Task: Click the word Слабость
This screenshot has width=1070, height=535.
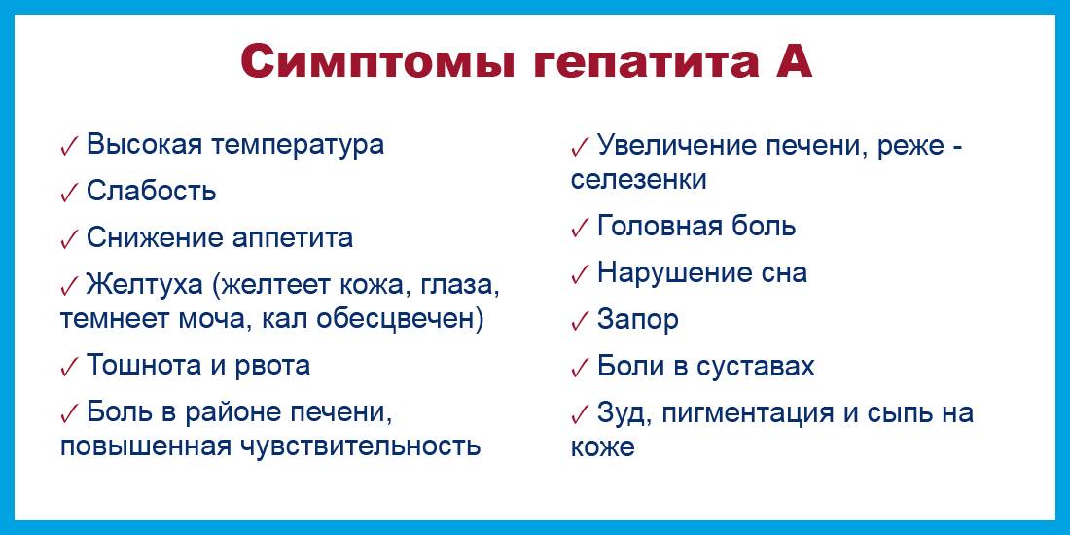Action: tap(152, 192)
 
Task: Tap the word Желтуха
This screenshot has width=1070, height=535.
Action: tap(145, 285)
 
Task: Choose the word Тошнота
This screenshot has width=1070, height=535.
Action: tap(145, 366)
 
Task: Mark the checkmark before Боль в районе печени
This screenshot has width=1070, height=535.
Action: tap(70, 412)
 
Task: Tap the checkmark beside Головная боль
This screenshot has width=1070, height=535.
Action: tap(580, 227)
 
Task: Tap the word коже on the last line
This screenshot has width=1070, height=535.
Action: tap(603, 448)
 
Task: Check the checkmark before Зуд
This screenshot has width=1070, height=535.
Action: tap(580, 413)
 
